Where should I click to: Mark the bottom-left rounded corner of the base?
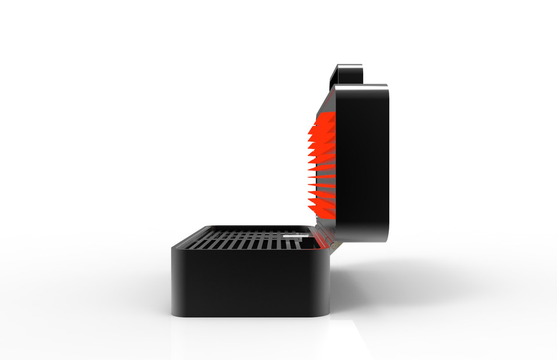coord(176,311)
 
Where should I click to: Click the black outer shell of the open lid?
coord(363,162)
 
